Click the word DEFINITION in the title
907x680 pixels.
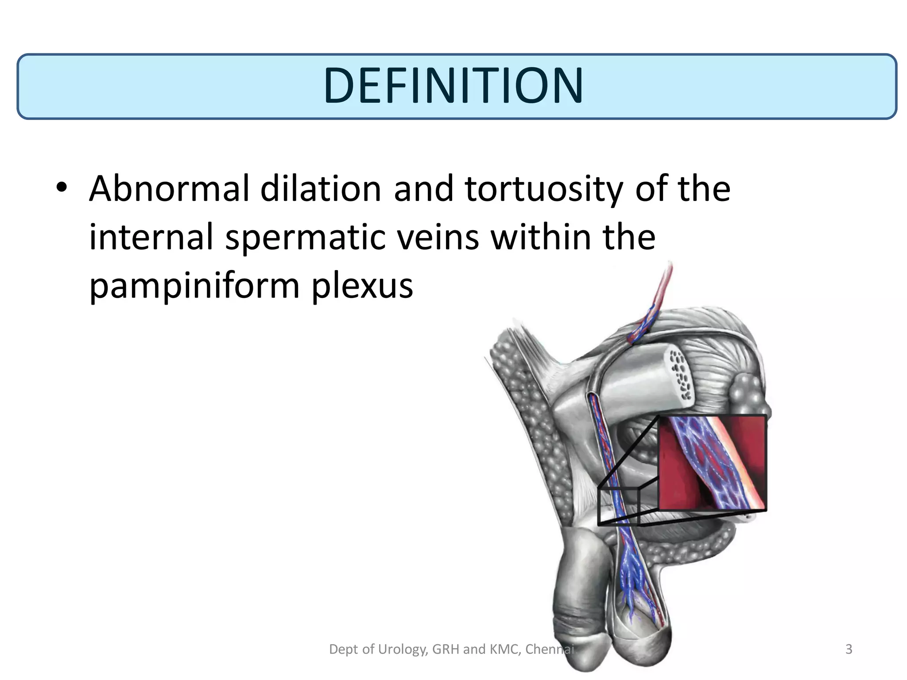(453, 86)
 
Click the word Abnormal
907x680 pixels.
(169, 189)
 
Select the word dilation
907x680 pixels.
(321, 189)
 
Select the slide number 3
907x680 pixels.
(849, 649)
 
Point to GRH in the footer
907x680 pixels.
(446, 649)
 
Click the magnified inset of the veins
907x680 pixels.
(713, 463)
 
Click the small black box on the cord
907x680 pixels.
(618, 506)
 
